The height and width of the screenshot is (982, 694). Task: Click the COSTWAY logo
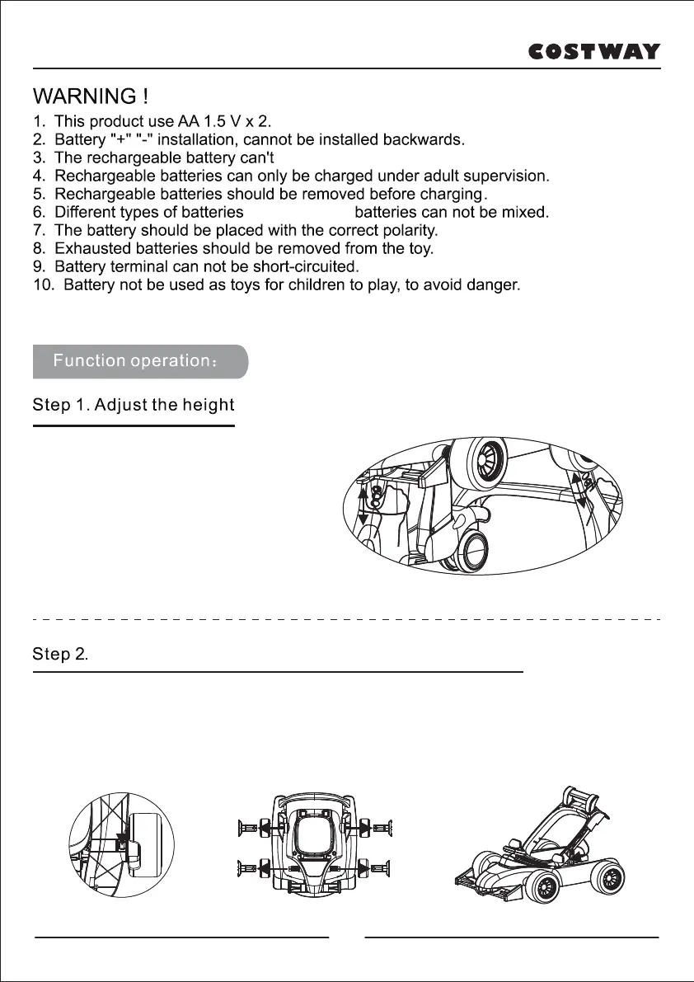(593, 52)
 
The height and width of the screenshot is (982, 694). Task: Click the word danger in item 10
(493, 286)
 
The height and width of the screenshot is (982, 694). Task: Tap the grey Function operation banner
(140, 361)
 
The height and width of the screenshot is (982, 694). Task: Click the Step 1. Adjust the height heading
(134, 405)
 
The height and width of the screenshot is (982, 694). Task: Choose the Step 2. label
(60, 655)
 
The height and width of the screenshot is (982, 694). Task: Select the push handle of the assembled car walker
(582, 801)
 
